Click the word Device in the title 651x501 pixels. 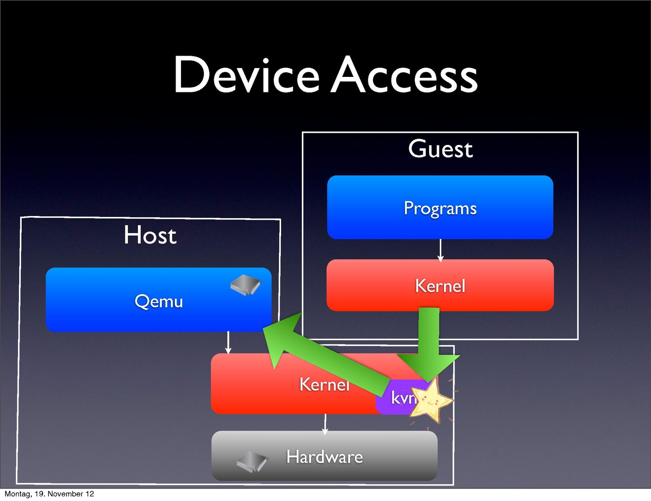coord(247,75)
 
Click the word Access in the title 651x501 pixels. coord(404,75)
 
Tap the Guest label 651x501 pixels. coord(440,149)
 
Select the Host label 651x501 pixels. coord(150,235)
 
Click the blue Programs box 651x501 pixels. coord(440,208)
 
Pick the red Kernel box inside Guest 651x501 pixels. coord(440,286)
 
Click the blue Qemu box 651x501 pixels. coord(158,301)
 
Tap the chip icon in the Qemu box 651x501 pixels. coord(245,285)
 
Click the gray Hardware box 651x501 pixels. coord(324,456)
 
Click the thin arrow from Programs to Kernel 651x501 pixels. coord(440,250)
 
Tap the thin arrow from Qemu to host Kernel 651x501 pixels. coord(228,342)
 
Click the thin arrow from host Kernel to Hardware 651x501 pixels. coord(325,423)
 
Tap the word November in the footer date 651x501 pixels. coord(66,494)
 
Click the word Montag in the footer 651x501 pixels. coord(17,494)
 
